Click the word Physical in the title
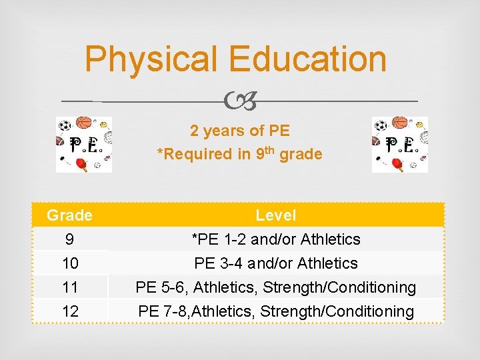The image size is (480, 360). click(151, 60)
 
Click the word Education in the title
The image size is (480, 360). click(307, 58)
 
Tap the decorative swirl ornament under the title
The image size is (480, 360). click(240, 101)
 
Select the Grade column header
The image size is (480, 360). click(69, 215)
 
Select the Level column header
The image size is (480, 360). click(276, 215)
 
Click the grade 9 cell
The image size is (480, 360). click(69, 239)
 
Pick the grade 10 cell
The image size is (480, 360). click(71, 263)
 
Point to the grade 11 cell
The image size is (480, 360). click(70, 287)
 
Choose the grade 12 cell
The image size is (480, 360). click(71, 311)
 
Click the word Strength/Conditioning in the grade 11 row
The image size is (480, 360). click(339, 287)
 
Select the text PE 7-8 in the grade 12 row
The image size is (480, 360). click(162, 311)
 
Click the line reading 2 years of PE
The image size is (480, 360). click(240, 131)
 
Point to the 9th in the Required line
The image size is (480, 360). click(265, 153)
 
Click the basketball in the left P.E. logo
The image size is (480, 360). click(83, 122)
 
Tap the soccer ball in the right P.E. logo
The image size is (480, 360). click(381, 125)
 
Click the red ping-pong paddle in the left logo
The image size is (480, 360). click(82, 164)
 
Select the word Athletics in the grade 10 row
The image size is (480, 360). click(327, 263)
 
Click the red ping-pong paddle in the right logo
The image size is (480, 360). click(397, 164)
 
